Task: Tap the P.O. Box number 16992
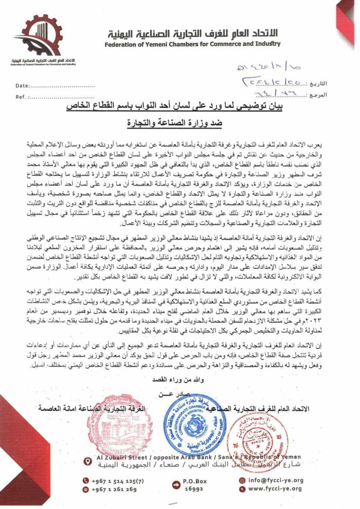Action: [x=194, y=489]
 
